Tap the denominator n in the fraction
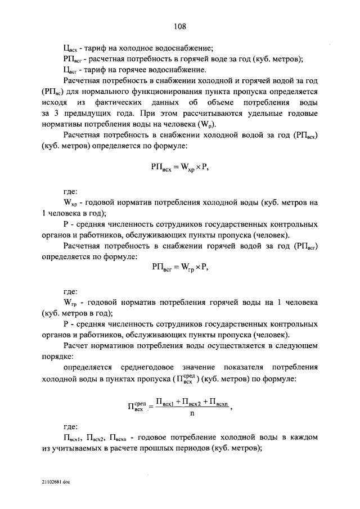[x=192, y=412]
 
